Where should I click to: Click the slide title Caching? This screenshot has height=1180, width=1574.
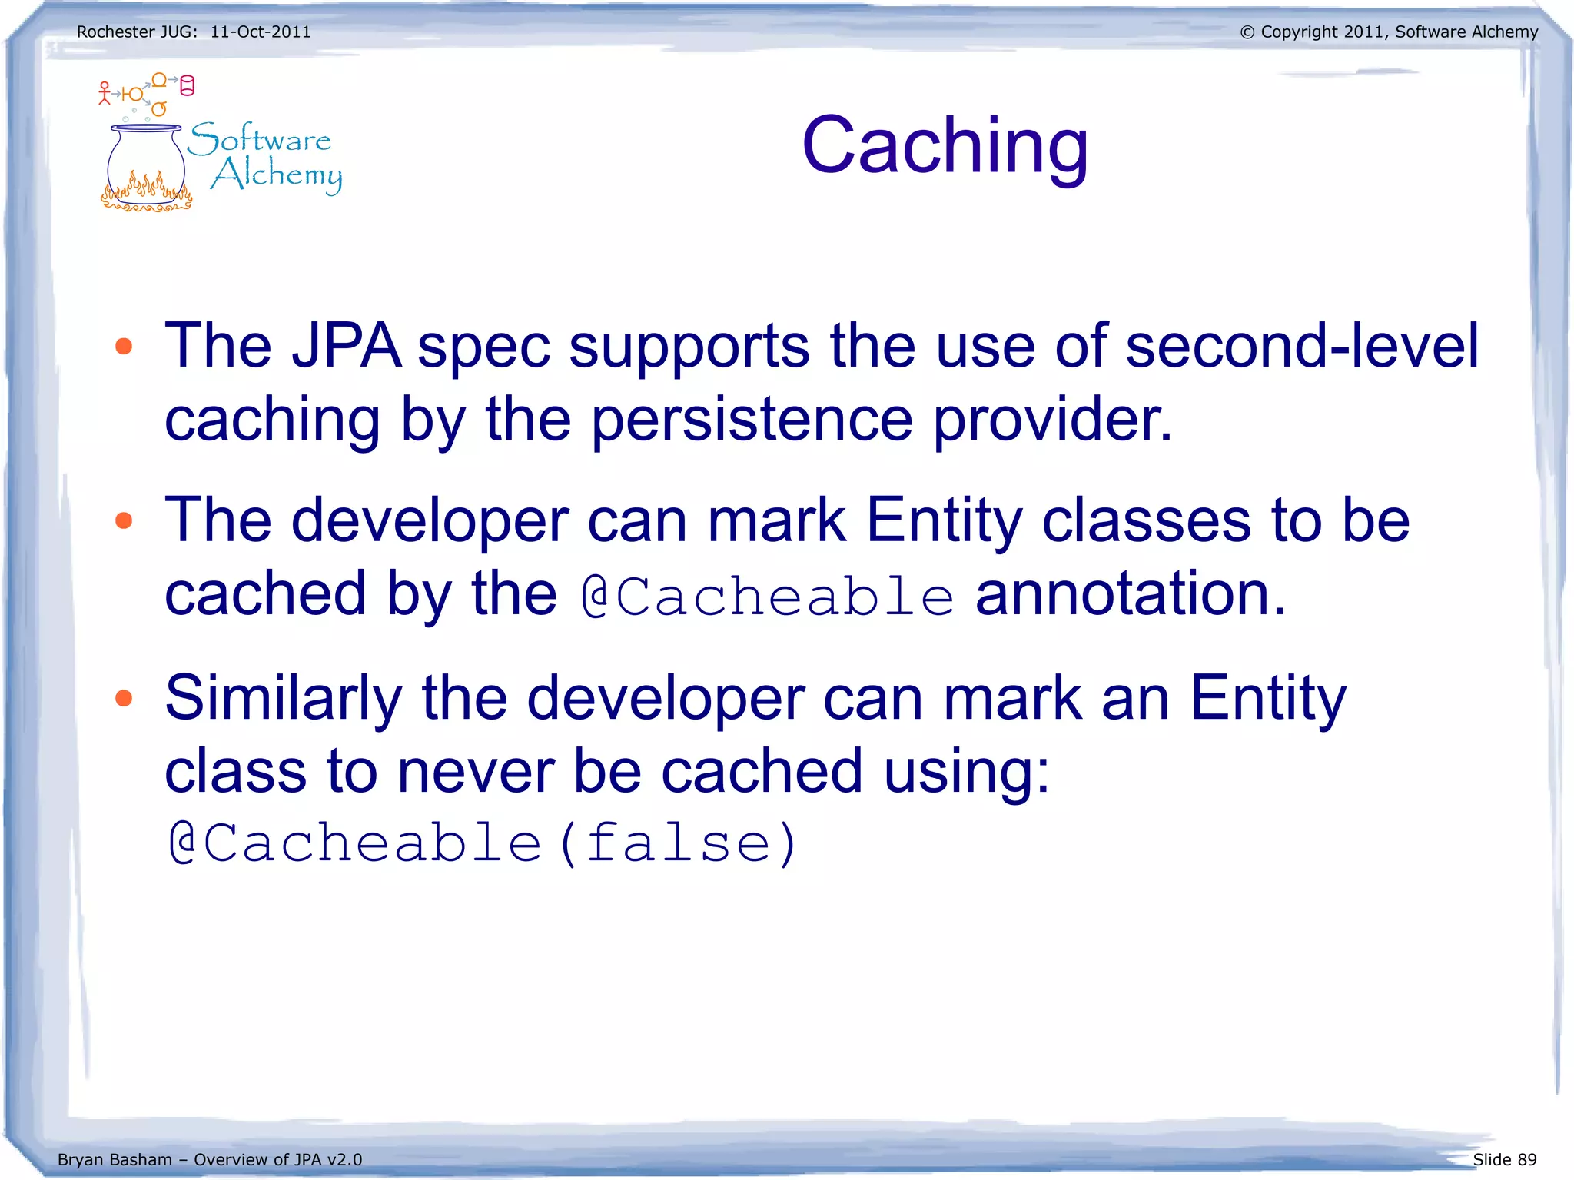pos(945,146)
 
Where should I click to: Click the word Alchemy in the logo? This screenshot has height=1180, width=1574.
pos(277,175)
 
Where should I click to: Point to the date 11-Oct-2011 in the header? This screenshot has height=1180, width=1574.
pos(261,32)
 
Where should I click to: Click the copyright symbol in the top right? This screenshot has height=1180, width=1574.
pos(1247,32)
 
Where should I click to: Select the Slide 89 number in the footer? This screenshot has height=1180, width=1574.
pos(1504,1159)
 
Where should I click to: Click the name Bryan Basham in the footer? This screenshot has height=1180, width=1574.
pos(115,1159)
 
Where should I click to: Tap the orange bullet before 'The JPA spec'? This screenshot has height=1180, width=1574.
pos(124,347)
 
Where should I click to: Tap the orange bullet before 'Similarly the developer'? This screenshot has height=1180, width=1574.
pos(124,698)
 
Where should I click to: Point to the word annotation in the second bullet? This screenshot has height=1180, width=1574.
pos(1130,594)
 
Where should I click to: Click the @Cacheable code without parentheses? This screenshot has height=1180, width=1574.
pos(767,597)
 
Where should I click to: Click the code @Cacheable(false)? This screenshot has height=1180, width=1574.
pos(483,844)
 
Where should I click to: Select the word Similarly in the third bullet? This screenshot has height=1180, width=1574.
pos(283,698)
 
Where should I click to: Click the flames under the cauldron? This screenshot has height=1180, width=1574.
pos(145,194)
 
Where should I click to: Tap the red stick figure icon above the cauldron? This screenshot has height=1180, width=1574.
pos(105,93)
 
